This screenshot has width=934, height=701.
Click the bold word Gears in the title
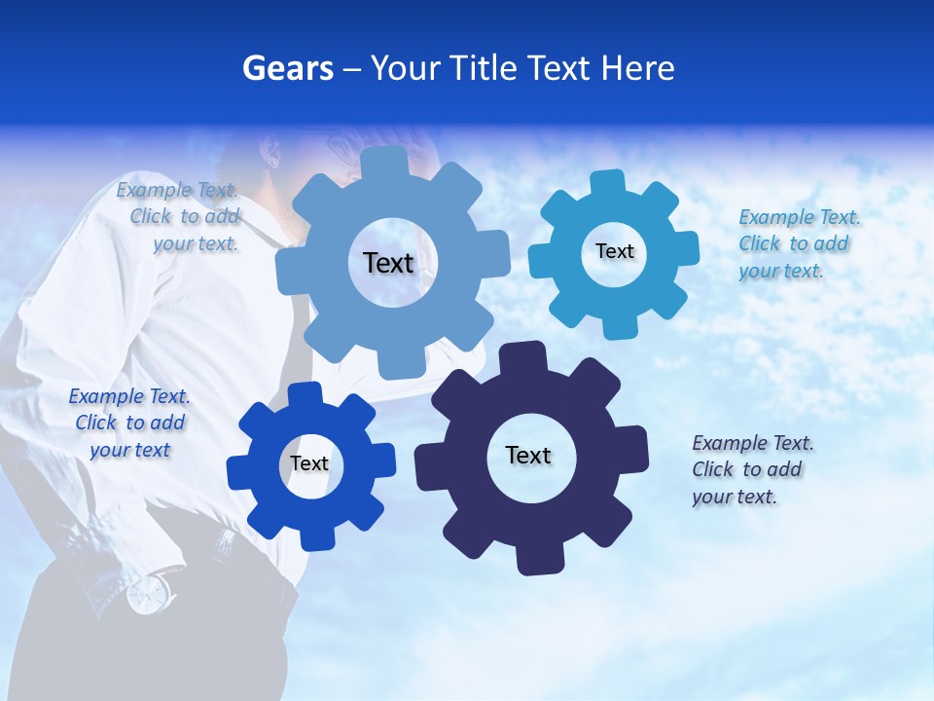287,68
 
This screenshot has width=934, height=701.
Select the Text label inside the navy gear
528,455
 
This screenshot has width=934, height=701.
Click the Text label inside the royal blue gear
309,463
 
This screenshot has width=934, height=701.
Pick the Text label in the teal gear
615,251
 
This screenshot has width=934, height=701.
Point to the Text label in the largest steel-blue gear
388,263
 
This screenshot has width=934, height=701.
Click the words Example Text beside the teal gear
799,217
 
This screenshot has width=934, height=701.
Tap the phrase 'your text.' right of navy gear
735,497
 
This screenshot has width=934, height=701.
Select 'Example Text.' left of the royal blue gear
129,396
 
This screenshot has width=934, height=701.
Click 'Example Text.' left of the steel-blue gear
177,190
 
